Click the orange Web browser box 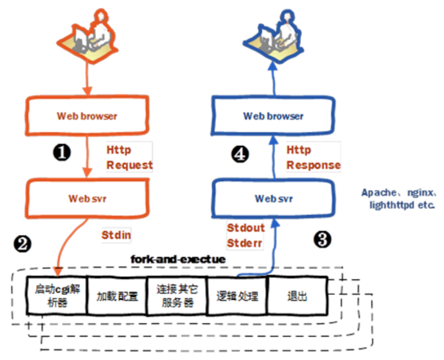click(x=87, y=116)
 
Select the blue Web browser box click(x=273, y=116)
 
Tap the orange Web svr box click(x=87, y=198)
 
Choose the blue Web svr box click(x=273, y=198)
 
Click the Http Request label click(x=129, y=158)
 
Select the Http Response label click(x=313, y=158)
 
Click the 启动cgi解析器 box click(x=56, y=296)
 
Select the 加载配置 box click(x=117, y=296)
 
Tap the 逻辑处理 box click(x=237, y=296)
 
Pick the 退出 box click(x=297, y=296)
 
